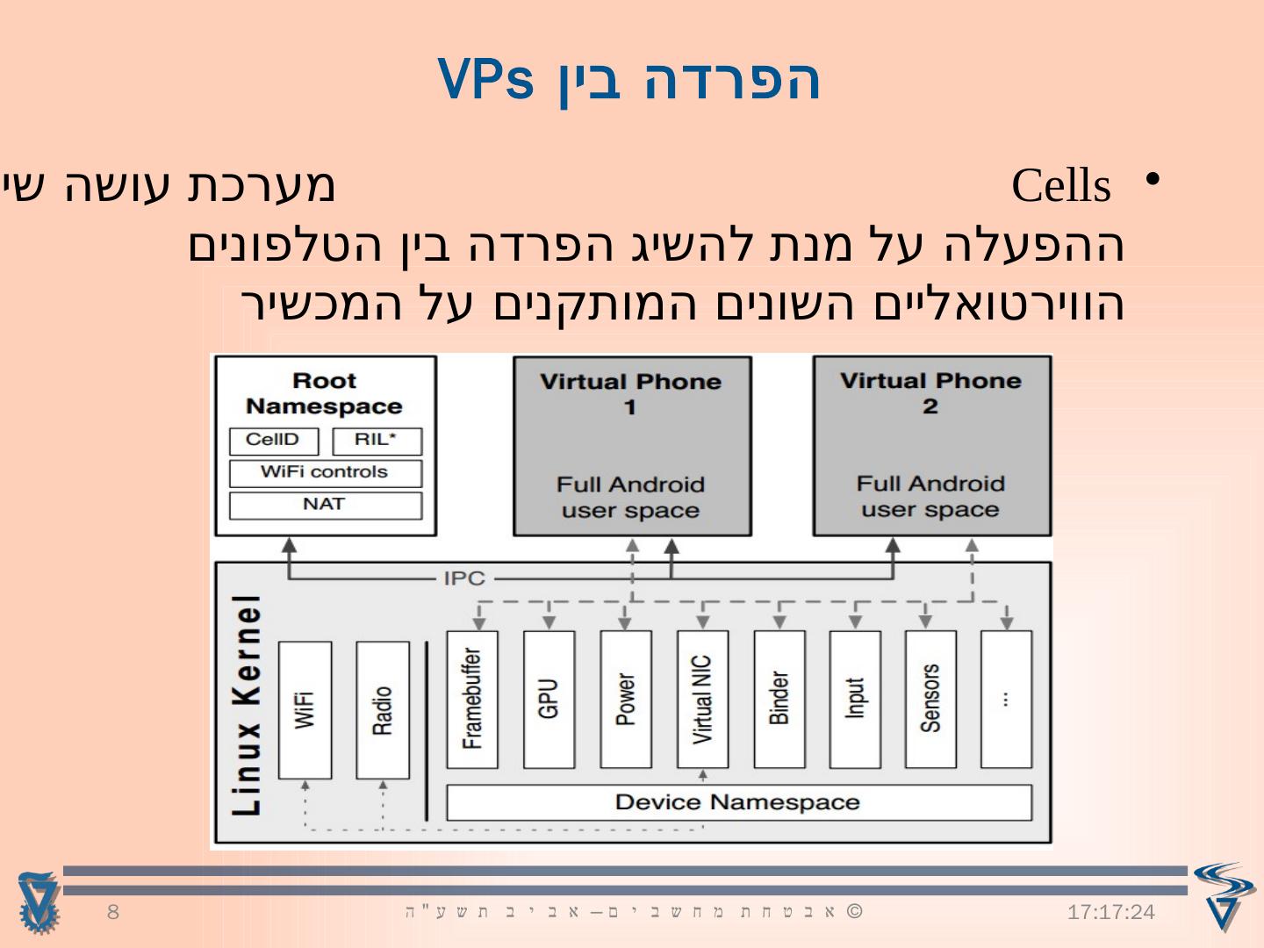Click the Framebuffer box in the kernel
click(x=472, y=699)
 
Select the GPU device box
click(x=549, y=699)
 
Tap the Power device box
click(x=625, y=699)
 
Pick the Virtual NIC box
click(x=702, y=699)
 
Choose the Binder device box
click(x=779, y=699)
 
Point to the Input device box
click(x=855, y=699)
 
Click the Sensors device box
click(x=930, y=699)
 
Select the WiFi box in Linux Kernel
click(x=305, y=709)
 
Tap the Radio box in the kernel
click(x=382, y=709)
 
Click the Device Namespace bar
click(x=738, y=802)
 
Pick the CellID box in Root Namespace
click(x=273, y=441)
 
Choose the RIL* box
click(x=377, y=441)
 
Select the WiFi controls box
click(x=325, y=473)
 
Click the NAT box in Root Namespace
click(x=325, y=505)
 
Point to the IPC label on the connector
click(x=464, y=578)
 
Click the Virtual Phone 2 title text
click(x=931, y=393)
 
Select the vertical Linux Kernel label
click(x=248, y=705)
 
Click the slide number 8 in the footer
click(x=112, y=912)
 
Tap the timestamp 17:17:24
click(x=1111, y=913)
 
